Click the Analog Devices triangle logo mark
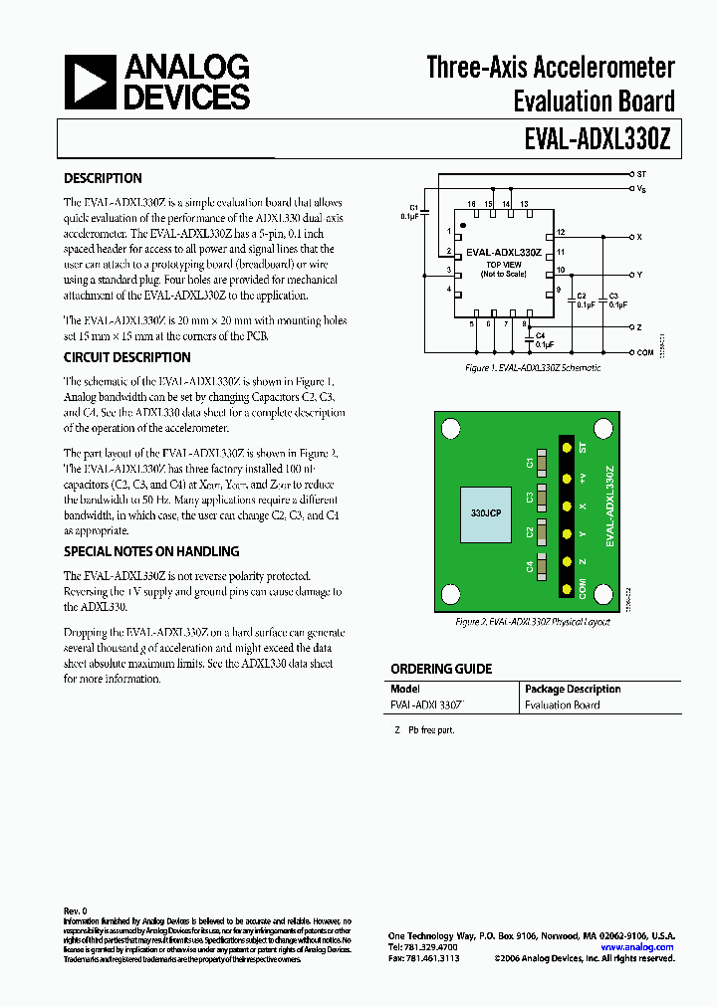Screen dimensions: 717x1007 [91, 83]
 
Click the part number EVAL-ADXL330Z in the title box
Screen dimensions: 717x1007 [599, 140]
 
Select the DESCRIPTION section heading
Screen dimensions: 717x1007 [103, 179]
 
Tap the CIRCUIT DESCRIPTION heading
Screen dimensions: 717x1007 [126, 358]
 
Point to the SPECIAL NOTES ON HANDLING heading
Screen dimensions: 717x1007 [151, 551]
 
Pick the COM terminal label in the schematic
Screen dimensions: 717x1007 [645, 352]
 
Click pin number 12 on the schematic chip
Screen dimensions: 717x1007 [561, 232]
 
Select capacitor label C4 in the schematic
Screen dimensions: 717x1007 [540, 336]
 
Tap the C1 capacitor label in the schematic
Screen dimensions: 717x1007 [414, 207]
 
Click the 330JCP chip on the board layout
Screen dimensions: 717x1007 [486, 515]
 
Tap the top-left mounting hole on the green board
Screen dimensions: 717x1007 [450, 429]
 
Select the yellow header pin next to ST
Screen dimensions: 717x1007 [567, 449]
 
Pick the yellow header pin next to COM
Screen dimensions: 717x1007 [567, 590]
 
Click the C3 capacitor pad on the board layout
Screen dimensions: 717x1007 [544, 497]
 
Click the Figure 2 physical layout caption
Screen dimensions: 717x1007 [532, 622]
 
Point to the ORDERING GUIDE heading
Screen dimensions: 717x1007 [440, 670]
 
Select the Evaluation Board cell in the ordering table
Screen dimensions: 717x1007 [562, 705]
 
